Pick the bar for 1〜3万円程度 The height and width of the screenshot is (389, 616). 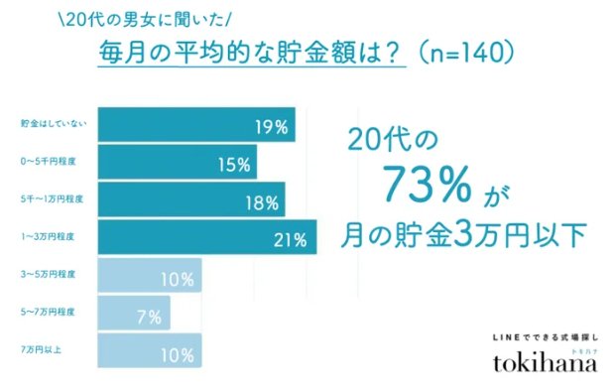point(208,236)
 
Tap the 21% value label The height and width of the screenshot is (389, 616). point(299,238)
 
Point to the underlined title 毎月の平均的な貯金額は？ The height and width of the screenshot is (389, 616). point(252,51)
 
